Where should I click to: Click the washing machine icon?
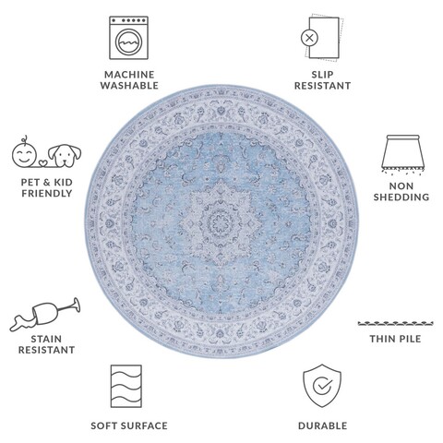(129, 38)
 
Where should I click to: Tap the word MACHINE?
(129, 75)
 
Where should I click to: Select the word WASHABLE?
(129, 86)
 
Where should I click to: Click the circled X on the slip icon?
(309, 38)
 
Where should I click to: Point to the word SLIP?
(322, 75)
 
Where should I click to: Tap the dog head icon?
(65, 156)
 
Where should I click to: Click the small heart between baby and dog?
(42, 162)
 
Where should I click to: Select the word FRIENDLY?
(47, 194)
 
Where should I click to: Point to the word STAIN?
(46, 339)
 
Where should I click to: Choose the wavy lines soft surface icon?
(126, 386)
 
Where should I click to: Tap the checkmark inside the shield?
(322, 385)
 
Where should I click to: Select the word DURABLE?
(322, 425)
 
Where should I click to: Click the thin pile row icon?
(395, 323)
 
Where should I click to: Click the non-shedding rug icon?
(402, 154)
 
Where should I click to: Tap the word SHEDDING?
(401, 197)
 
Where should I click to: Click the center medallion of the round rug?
(221, 222)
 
